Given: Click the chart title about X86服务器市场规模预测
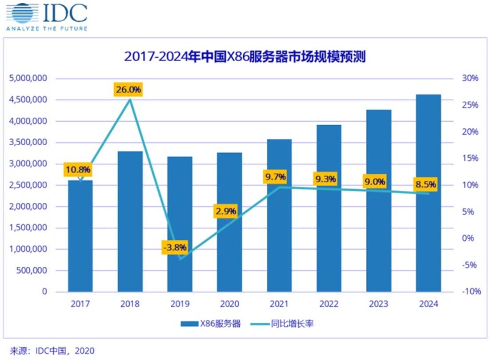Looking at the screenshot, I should coord(245,56).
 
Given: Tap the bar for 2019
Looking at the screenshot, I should coord(180,224).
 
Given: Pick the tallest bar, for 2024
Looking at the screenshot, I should coord(428,193).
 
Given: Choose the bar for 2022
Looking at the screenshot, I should coord(329,209).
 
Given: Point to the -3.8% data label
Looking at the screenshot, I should coord(174,247).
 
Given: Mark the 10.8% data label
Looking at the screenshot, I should coord(79,170).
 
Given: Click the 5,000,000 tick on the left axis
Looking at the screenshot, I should coord(28,79).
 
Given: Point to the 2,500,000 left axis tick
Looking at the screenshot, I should coord(28,185).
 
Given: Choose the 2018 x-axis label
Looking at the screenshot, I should coord(130,304).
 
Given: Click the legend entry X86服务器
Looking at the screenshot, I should coord(210,324).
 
